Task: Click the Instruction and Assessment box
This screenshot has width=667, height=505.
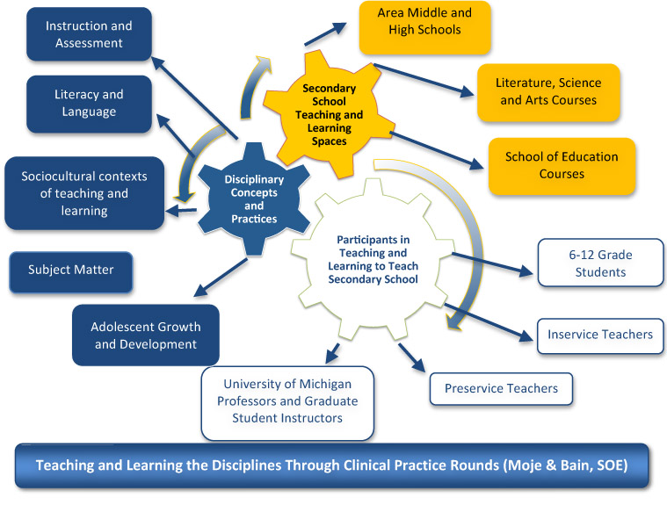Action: coord(89,34)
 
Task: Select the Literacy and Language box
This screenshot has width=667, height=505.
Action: coord(89,104)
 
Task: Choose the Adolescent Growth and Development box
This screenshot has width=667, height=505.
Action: coord(146,335)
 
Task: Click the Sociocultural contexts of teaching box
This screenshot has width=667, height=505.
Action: coord(84,193)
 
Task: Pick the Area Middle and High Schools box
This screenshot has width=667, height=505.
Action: coord(425,27)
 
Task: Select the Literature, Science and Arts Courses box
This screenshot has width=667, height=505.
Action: coord(548,93)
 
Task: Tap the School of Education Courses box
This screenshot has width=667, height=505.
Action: coord(562,166)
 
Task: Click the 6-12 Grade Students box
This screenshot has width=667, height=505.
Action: coord(600,263)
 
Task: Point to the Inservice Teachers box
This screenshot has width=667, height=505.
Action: coord(600,335)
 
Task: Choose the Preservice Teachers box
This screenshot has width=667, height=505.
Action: coord(501,389)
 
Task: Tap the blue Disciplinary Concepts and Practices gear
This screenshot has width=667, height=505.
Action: coord(254,199)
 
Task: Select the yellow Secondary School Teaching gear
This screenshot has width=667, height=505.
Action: coord(329,114)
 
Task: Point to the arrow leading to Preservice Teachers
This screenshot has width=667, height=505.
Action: coord(412,357)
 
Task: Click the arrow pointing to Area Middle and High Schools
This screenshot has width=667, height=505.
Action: coord(325,33)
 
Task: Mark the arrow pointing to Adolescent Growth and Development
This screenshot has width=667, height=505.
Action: coord(221,278)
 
